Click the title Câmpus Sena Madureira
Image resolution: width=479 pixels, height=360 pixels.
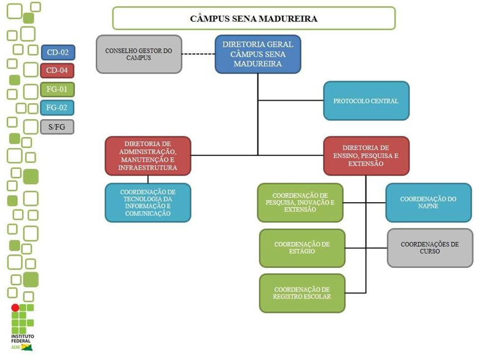tap(254, 18)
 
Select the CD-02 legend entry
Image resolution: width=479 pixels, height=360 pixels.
tap(57, 52)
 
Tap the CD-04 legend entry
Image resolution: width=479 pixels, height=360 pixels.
tap(57, 71)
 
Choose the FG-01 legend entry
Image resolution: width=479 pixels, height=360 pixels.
tap(57, 90)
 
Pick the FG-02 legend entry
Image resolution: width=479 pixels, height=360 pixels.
tap(57, 108)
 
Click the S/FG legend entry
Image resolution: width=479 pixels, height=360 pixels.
tap(57, 127)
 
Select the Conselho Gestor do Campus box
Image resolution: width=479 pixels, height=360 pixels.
tap(139, 54)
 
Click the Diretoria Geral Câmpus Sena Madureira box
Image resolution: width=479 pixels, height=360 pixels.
tap(258, 54)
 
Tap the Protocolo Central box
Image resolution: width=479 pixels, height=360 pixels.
tap(366, 101)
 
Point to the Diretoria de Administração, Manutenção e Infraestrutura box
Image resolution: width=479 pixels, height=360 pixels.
tap(147, 156)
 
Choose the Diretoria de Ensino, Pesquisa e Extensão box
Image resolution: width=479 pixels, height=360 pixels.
tap(366, 156)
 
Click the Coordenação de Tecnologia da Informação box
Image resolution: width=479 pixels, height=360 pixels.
tap(147, 202)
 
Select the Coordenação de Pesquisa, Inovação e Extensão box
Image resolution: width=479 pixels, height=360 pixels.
tap(300, 202)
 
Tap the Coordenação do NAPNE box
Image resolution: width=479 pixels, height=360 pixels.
tap(429, 202)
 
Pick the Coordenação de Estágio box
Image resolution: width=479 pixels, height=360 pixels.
tap(302, 248)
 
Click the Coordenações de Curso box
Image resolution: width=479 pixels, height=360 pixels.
tap(430, 248)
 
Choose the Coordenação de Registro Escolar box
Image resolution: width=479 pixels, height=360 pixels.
tap(302, 293)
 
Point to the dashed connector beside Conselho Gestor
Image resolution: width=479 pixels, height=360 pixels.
tap(198, 54)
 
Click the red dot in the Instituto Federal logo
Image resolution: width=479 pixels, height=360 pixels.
tap(15, 308)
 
